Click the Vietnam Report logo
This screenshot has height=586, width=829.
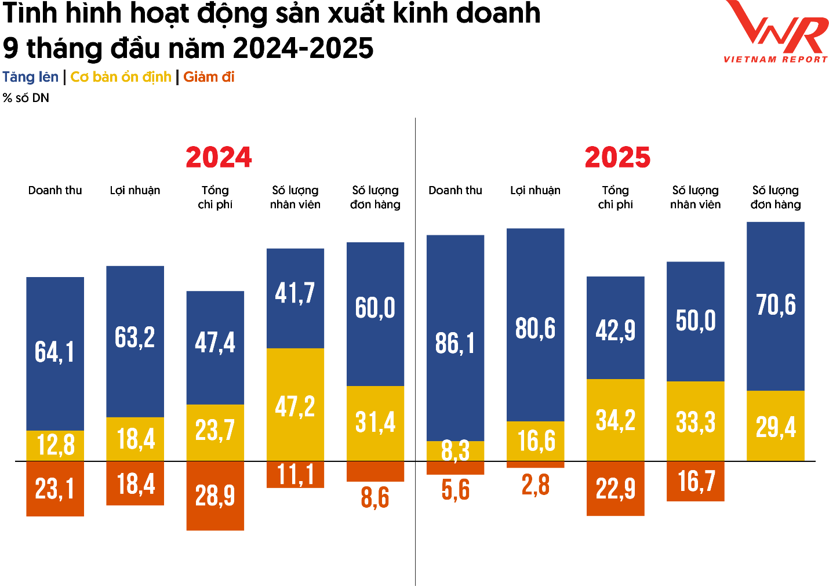pyautogui.click(x=776, y=31)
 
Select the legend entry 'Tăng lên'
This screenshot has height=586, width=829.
pyautogui.click(x=31, y=77)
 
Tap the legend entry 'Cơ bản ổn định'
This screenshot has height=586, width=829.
pyautogui.click(x=121, y=77)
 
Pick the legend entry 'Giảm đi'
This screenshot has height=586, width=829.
pyautogui.click(x=209, y=77)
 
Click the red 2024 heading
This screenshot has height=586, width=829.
pyautogui.click(x=219, y=157)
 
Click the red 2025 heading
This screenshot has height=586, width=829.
pyautogui.click(x=617, y=157)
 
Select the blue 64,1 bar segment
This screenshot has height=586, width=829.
pyautogui.click(x=55, y=354)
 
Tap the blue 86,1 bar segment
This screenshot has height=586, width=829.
pyautogui.click(x=455, y=338)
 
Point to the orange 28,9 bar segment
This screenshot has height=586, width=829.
pyautogui.click(x=215, y=496)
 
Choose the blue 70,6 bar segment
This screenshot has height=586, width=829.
pyautogui.click(x=775, y=306)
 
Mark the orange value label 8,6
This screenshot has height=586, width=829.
pyautogui.click(x=375, y=498)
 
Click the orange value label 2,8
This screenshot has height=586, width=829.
pyautogui.click(x=535, y=485)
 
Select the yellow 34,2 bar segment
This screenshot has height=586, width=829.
pyautogui.click(x=615, y=420)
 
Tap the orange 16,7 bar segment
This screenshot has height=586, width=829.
pyautogui.click(x=695, y=481)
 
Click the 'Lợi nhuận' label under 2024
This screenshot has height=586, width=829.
pyautogui.click(x=135, y=191)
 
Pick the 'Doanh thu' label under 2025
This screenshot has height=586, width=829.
pyautogui.click(x=455, y=191)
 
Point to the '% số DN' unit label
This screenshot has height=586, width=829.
pyautogui.click(x=26, y=98)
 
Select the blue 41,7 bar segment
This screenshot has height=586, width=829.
pyautogui.click(x=295, y=298)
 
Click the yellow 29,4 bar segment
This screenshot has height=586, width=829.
pyautogui.click(x=775, y=426)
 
